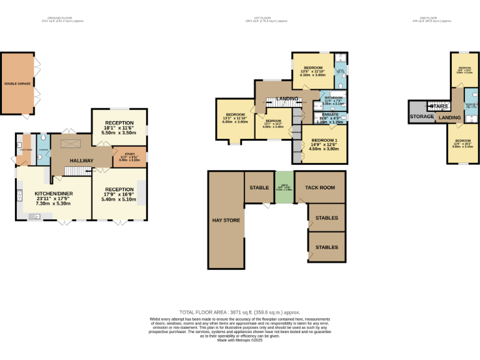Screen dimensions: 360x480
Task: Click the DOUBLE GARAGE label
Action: (17, 83)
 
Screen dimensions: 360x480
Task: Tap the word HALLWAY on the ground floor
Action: (81, 161)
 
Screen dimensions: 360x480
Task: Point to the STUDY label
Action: (129, 153)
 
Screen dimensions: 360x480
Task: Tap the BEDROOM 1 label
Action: (324, 140)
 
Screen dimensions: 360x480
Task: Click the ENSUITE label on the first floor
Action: (330, 113)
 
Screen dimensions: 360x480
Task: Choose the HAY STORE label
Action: (226, 220)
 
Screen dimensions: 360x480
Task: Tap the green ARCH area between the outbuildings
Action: (284, 187)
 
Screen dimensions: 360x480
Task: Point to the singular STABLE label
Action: (259, 187)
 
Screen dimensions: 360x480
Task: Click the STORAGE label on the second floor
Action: (422, 117)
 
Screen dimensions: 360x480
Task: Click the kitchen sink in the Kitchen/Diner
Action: (33, 217)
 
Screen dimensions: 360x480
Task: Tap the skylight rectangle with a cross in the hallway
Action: (65, 145)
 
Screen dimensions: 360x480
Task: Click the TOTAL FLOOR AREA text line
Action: (239, 312)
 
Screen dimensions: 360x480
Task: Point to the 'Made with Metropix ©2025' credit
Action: (239, 340)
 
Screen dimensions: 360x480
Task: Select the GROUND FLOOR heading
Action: (62, 19)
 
